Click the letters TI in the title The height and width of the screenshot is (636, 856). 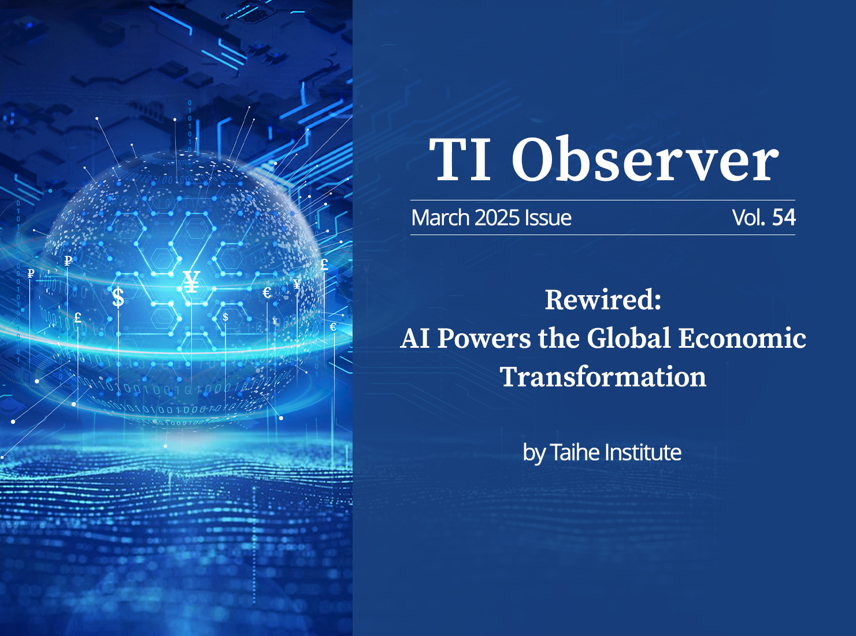[460, 159]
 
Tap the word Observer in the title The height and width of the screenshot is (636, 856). [645, 158]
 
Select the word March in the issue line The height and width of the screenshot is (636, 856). [440, 218]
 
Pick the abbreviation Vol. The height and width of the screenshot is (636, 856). [748, 218]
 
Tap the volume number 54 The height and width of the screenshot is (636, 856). [783, 218]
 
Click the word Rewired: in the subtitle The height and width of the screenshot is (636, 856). [603, 300]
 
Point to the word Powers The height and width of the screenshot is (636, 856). [484, 339]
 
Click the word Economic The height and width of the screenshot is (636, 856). [742, 338]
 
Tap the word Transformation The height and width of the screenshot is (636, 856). [603, 377]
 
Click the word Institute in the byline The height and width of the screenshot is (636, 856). [643, 452]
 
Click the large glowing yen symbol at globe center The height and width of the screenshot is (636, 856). [191, 282]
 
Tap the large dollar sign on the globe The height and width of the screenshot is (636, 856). [118, 297]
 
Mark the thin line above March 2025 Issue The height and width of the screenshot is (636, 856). [603, 200]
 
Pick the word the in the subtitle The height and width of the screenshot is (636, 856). [559, 338]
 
